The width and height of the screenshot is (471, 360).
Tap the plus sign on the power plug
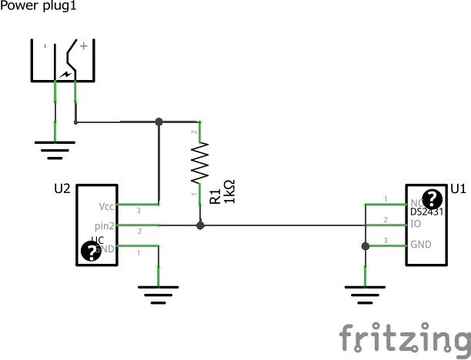point(83,46)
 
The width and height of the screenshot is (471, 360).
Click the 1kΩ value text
point(229,192)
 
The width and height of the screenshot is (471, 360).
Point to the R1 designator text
point(215,197)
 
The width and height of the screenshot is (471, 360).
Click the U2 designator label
point(63,188)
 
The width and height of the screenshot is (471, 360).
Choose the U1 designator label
point(458,188)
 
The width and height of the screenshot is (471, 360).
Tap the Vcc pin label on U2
point(106,207)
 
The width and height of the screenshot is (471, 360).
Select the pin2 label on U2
point(105,226)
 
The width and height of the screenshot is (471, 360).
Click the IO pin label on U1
point(416,225)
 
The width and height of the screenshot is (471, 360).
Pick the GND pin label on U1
point(421,245)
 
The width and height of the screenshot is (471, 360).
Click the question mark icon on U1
point(432,198)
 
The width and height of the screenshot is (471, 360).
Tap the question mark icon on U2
point(92,252)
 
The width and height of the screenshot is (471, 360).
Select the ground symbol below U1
point(365,293)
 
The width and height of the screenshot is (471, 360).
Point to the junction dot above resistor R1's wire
point(159,122)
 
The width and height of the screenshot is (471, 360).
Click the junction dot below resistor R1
point(200,226)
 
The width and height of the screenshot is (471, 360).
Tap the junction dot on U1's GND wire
point(365,246)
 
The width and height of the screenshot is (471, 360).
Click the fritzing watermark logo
point(403,338)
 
